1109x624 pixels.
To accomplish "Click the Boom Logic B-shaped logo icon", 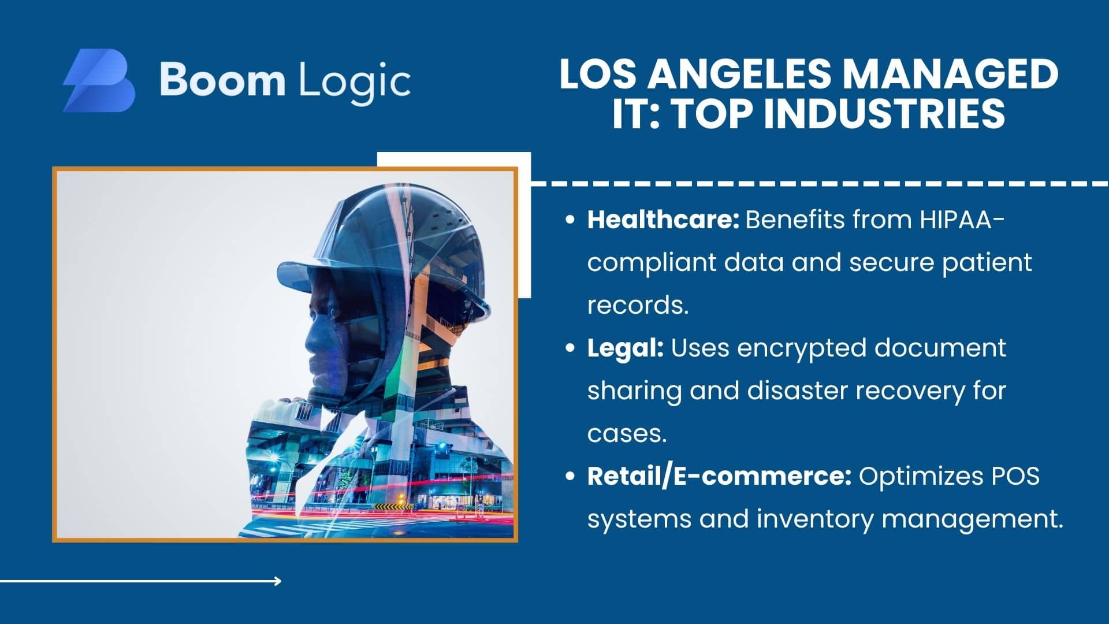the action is tap(99, 80).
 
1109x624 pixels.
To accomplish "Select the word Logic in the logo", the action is tap(354, 83).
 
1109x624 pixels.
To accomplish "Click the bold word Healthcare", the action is tap(663, 220).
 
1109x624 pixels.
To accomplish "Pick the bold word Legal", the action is tap(626, 349).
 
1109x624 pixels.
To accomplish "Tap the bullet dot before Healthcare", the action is tap(571, 221).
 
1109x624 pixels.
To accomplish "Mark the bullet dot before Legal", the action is tap(571, 349).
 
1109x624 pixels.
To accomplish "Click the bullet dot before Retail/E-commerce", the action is tap(571, 477).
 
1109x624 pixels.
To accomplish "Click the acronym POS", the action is tap(1015, 476).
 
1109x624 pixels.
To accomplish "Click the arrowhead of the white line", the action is tap(278, 581).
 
